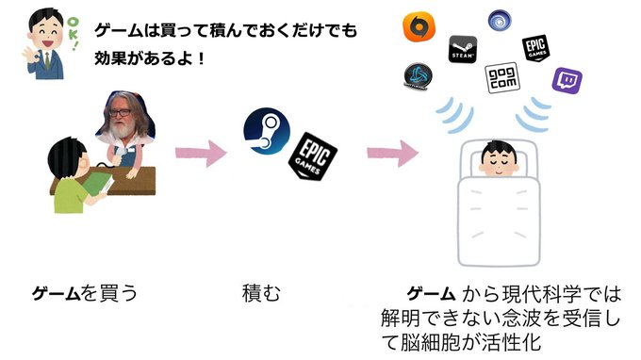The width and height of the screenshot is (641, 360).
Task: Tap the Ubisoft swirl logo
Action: [x=499, y=19]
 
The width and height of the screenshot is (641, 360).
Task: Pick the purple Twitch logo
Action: [x=567, y=81]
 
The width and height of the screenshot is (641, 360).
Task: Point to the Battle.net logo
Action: [x=418, y=78]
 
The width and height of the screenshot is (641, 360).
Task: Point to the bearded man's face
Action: [x=123, y=122]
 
